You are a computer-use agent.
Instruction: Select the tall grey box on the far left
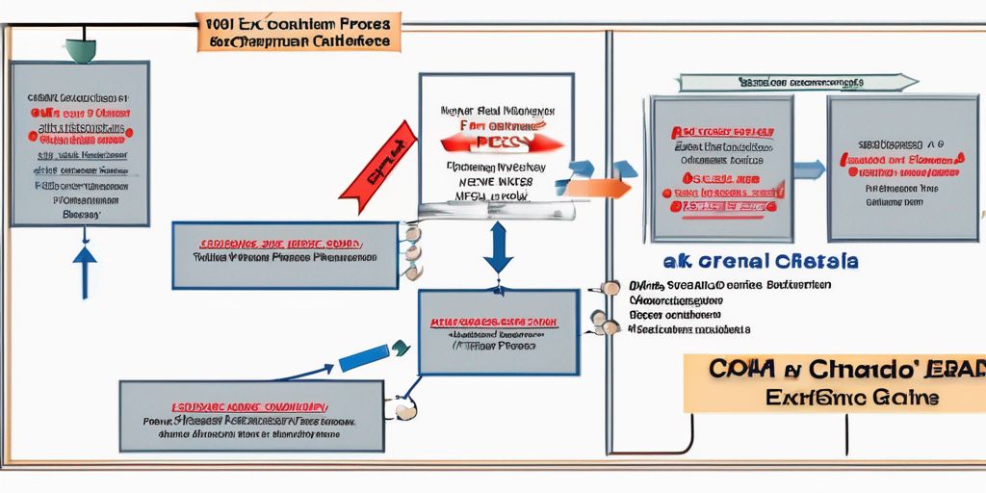[x=80, y=143]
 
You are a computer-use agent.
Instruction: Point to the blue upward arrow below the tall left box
[x=85, y=270]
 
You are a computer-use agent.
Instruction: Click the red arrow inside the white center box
[x=500, y=143]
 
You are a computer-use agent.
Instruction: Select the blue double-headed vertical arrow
[x=499, y=248]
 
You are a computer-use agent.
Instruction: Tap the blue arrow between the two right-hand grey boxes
[x=810, y=169]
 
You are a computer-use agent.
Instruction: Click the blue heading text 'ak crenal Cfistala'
[x=761, y=262]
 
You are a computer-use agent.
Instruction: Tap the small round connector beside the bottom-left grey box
[x=404, y=411]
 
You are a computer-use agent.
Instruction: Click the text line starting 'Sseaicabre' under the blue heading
[x=688, y=329]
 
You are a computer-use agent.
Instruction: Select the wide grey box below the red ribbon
[x=285, y=255]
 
